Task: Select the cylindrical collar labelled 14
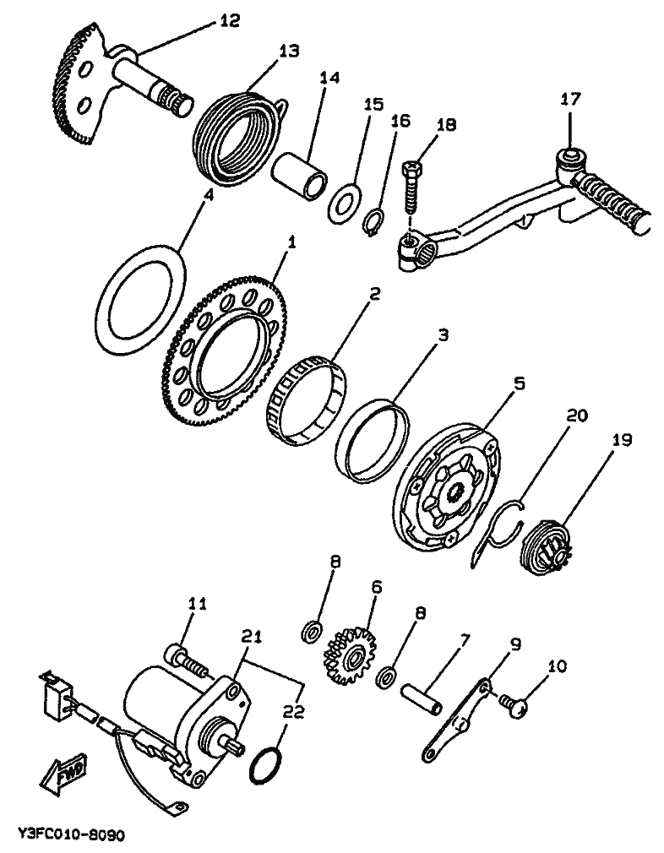300,174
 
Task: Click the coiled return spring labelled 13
237,135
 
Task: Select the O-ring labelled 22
267,765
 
